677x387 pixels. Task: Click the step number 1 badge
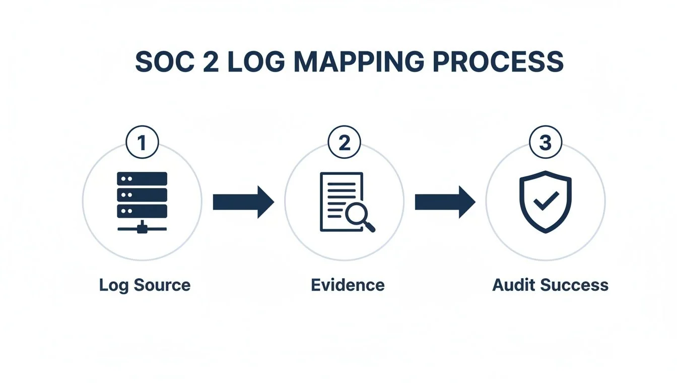(x=142, y=143)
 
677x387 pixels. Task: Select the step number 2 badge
(x=344, y=143)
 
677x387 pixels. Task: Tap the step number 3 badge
(x=546, y=143)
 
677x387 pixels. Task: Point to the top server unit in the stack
(x=142, y=178)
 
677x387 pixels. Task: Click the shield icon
(x=546, y=202)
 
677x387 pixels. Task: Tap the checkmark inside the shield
(x=546, y=202)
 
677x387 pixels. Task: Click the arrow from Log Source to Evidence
(x=243, y=202)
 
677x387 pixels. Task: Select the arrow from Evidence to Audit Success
(x=445, y=202)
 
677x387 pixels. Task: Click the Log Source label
(x=145, y=285)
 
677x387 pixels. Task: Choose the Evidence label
(x=348, y=285)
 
